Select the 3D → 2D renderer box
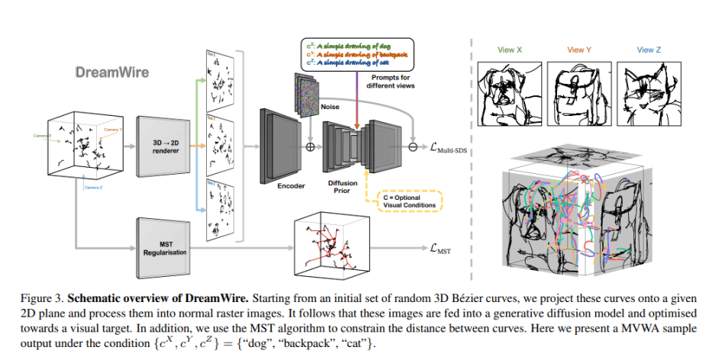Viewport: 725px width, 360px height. [162, 147]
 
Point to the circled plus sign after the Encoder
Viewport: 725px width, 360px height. [311, 146]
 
